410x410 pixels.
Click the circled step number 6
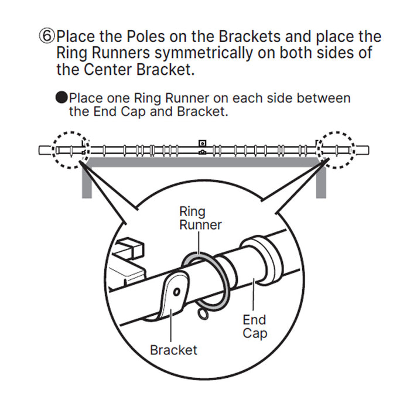(x=47, y=37)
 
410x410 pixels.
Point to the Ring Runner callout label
(x=200, y=217)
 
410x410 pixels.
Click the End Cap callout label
(x=254, y=326)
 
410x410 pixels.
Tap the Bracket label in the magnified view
(x=173, y=350)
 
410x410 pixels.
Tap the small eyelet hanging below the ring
(x=203, y=316)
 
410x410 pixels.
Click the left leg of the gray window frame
(x=86, y=182)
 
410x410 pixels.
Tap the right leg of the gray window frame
(x=320, y=182)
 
